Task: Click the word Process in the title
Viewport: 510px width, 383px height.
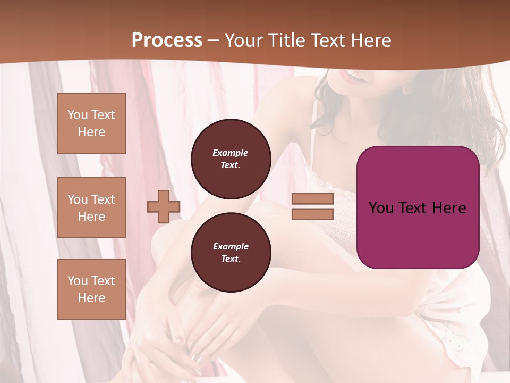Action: [167, 40]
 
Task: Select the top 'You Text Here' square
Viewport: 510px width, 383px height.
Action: [91, 123]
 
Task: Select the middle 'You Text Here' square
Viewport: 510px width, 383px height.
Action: [91, 207]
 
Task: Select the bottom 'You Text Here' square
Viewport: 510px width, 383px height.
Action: [91, 289]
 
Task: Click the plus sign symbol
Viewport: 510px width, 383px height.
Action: [164, 206]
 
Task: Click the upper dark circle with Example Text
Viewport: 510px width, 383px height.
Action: [231, 159]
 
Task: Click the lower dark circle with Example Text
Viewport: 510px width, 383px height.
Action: [231, 253]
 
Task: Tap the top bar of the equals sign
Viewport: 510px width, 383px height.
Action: [312, 199]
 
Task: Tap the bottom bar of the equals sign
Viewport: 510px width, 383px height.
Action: [312, 214]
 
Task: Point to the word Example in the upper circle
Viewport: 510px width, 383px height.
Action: [231, 153]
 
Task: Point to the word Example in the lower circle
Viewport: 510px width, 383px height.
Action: [231, 246]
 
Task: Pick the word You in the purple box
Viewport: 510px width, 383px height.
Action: [380, 208]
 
